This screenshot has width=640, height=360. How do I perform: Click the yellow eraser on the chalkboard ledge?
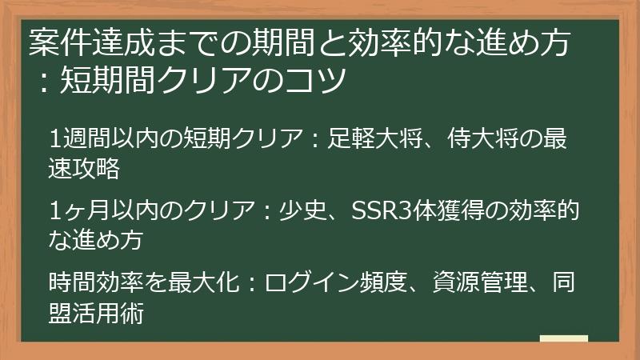click(564, 338)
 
